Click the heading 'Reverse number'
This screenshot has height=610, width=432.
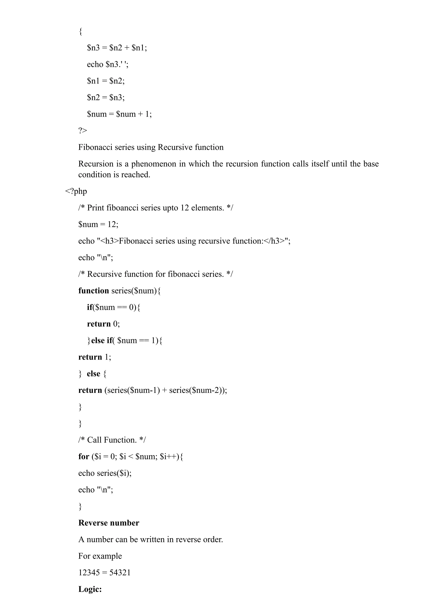(x=109, y=523)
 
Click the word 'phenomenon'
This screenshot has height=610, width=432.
(x=154, y=164)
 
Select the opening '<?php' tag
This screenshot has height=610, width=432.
(x=76, y=191)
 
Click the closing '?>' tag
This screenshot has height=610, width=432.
(x=82, y=131)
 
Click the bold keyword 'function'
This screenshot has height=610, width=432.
(x=94, y=291)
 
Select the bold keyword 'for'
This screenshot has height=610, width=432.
(x=84, y=456)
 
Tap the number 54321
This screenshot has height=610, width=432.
(x=120, y=572)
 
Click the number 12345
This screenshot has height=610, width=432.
(x=89, y=572)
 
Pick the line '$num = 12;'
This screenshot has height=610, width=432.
(x=98, y=224)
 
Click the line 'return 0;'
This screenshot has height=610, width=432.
(x=103, y=324)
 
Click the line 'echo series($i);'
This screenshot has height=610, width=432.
(x=105, y=473)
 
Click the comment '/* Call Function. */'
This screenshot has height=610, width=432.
(x=112, y=440)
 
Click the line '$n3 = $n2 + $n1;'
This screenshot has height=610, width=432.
(x=117, y=48)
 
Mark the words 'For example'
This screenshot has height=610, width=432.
(x=100, y=556)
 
